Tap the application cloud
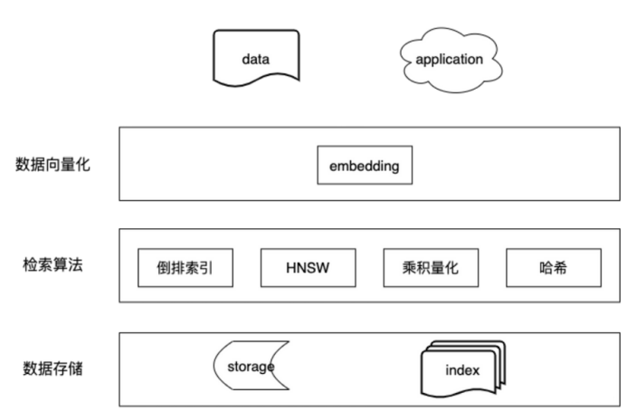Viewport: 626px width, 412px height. pos(449,60)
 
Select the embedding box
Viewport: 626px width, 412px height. pos(364,168)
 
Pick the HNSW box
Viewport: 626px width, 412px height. pos(308,267)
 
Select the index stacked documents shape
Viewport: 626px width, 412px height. pos(462,369)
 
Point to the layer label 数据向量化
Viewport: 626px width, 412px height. pos(53,165)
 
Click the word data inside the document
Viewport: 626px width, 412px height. pos(256,60)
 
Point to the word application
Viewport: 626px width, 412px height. pos(449,60)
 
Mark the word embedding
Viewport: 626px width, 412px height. pos(364,168)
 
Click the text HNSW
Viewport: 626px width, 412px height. pos(308,267)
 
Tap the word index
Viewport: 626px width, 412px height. pos(461,371)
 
